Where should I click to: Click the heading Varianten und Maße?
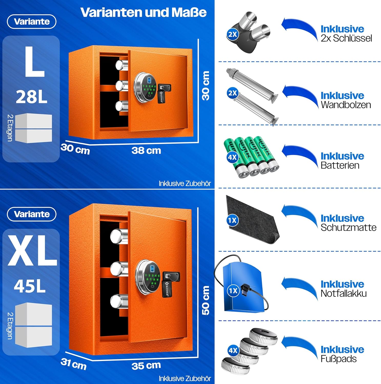[x=143, y=12]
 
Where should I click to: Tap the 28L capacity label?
[x=32, y=97]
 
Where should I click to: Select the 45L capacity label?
[x=30, y=286]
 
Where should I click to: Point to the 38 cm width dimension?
[x=146, y=150]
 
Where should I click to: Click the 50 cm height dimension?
[x=205, y=300]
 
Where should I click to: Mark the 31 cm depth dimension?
[x=74, y=364]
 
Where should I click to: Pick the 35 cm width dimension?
[x=146, y=366]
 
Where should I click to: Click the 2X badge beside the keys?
[x=233, y=34]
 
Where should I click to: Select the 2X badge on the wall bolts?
[x=233, y=93]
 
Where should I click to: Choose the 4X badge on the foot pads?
[x=233, y=350]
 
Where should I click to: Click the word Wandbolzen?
[x=346, y=105]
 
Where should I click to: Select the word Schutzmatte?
[x=348, y=227]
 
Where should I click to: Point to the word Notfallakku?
[x=344, y=293]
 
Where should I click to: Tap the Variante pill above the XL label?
[x=32, y=214]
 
